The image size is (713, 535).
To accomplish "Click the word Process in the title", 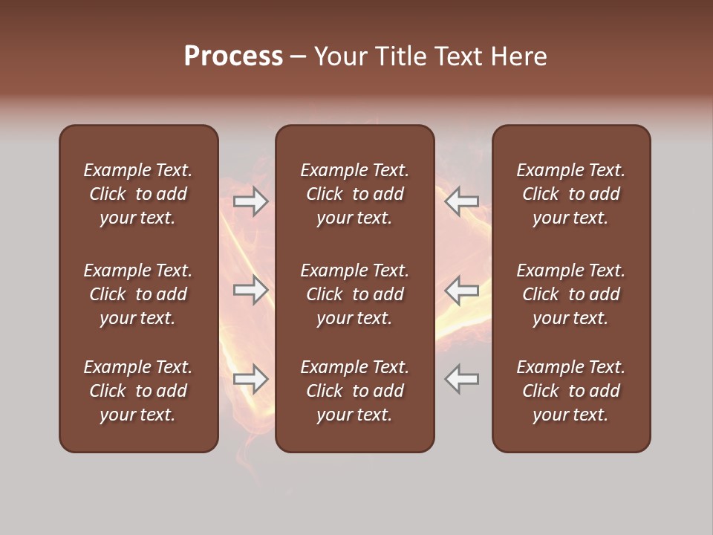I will [x=233, y=56].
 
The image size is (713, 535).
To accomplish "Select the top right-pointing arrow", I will [x=250, y=201].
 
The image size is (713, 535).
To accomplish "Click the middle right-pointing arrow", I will [x=250, y=290].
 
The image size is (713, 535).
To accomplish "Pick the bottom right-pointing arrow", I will [x=250, y=379].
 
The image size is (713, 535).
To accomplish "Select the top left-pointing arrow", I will [x=462, y=201].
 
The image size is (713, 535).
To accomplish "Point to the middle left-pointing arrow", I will [x=462, y=290].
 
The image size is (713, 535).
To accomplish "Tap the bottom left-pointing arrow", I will [x=462, y=379].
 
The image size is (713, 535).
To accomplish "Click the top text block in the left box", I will [x=138, y=194].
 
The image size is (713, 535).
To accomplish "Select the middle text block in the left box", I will [x=138, y=294].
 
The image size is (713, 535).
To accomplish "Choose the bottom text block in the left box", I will [x=138, y=391].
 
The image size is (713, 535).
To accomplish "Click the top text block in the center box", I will [x=354, y=194].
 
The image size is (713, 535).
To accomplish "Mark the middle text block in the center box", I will [x=354, y=294].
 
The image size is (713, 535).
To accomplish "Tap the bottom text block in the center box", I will [x=354, y=391].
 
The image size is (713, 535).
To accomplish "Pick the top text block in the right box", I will [x=570, y=194].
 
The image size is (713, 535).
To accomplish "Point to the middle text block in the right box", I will [x=570, y=294].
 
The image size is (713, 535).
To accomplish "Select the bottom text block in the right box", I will [x=570, y=391].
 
